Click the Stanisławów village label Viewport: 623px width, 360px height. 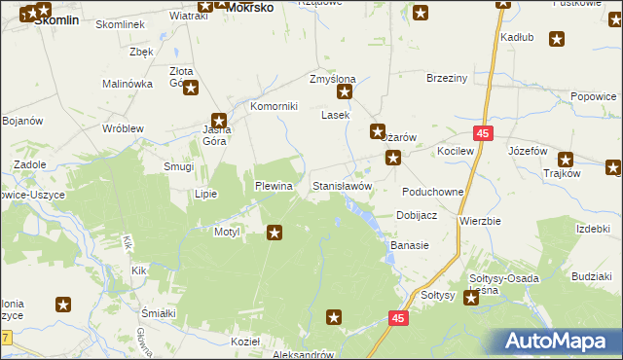[342, 185]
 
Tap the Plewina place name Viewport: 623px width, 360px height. [274, 185]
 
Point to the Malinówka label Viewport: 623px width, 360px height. [128, 84]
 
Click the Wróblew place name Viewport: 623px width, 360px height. [124, 128]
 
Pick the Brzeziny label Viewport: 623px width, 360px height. [448, 78]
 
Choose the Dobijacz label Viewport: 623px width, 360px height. [416, 215]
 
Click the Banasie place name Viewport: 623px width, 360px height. [410, 245]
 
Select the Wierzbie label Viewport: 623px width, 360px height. [480, 221]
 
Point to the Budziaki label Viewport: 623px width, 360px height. [592, 276]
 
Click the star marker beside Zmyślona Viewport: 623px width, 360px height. [345, 92]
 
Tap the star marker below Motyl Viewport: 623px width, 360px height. [275, 233]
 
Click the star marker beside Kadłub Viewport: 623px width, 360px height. [557, 40]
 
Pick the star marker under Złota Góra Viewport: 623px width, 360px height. [191, 90]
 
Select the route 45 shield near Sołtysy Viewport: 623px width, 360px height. [398, 317]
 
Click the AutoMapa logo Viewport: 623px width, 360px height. [559, 342]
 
